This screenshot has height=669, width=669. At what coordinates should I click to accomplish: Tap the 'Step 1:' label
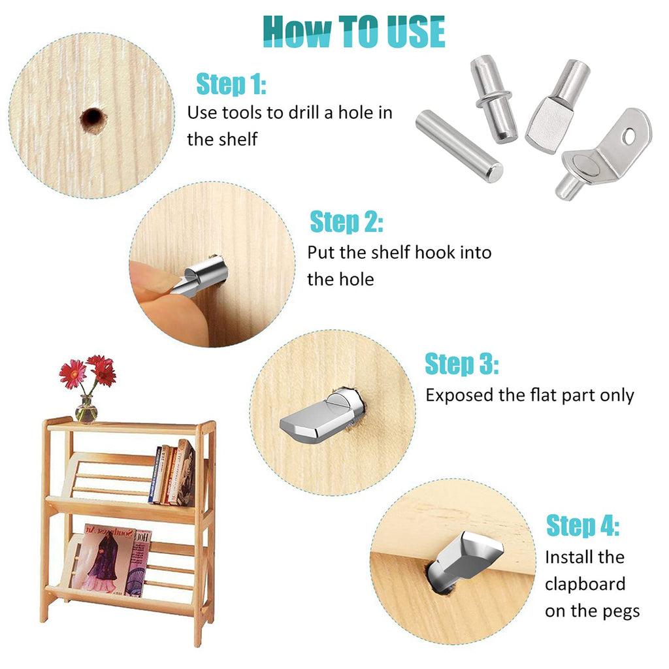(231, 84)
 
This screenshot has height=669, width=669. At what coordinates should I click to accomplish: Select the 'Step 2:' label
(346, 222)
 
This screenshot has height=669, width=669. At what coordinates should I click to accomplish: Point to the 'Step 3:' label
(461, 364)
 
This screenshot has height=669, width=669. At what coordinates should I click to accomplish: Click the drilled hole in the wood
(92, 118)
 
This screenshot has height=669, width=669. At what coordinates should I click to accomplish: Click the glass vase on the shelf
(86, 410)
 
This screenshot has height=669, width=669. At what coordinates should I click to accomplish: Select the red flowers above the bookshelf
(88, 372)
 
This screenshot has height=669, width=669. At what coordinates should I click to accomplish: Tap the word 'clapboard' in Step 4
(585, 583)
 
